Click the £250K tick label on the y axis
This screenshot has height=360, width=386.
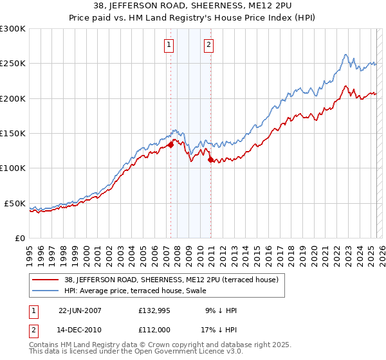(13, 64)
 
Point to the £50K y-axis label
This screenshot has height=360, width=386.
(15, 203)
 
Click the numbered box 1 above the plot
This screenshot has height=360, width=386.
(169, 44)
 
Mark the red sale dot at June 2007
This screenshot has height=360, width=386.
(171, 145)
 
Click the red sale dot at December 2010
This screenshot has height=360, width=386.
(210, 160)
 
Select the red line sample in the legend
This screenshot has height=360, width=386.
(45, 280)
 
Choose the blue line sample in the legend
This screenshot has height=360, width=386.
(45, 291)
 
